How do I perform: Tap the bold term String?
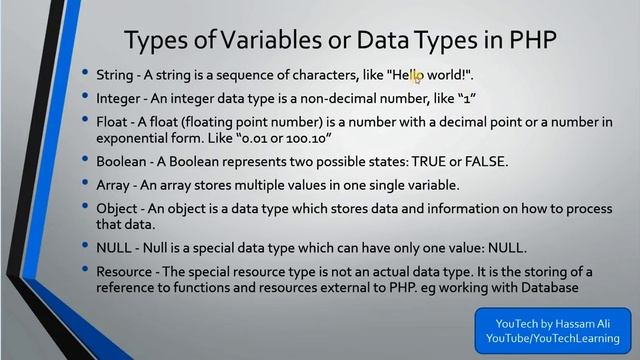(115, 74)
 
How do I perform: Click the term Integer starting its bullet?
(119, 99)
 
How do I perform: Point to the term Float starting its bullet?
(111, 122)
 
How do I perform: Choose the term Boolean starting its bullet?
(123, 161)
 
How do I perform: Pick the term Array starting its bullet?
(113, 185)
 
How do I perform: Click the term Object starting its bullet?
(117, 208)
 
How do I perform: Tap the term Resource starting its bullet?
(125, 271)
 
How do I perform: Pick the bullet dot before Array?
(86, 185)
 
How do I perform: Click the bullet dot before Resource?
(86, 271)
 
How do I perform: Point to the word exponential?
(135, 137)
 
